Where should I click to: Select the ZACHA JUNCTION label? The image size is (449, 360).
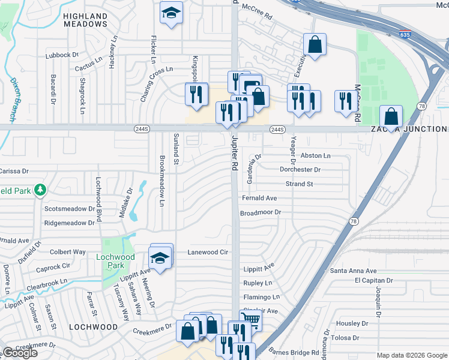click(x=408, y=129)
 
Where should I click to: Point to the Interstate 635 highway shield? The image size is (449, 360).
click(x=405, y=35)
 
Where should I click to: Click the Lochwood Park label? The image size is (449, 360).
click(x=115, y=257)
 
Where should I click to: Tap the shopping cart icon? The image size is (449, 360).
click(x=250, y=320)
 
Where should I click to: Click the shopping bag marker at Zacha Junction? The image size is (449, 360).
click(x=391, y=116)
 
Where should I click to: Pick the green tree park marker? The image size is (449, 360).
click(x=40, y=190)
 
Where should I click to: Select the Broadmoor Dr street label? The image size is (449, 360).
click(x=261, y=212)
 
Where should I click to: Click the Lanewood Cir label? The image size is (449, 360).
click(x=208, y=252)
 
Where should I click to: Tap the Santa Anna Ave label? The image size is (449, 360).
click(x=354, y=271)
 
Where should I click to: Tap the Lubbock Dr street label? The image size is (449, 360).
click(x=62, y=55)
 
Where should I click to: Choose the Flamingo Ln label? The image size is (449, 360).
click(x=261, y=296)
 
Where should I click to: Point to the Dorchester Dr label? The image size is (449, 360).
click(x=300, y=169)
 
